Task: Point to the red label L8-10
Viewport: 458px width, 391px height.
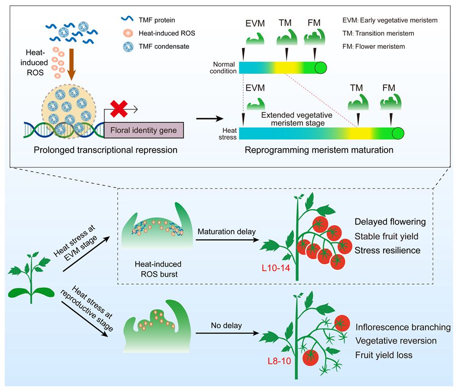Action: [279, 362]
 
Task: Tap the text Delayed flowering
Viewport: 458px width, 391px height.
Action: [390, 222]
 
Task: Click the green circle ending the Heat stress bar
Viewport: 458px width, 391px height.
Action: [397, 134]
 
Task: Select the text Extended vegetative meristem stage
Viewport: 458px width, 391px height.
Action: [297, 120]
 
